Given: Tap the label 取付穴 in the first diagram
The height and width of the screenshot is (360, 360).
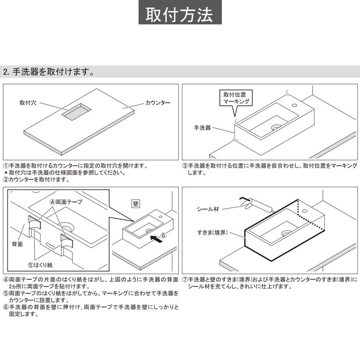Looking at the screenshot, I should click(x=28, y=103).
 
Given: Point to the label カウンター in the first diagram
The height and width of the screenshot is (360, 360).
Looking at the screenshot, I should click(x=158, y=103).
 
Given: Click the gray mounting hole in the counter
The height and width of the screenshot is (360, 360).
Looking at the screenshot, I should click(x=76, y=111).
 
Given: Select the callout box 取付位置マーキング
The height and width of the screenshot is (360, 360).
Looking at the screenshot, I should click(x=235, y=98).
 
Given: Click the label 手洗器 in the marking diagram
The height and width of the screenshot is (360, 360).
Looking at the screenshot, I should click(x=202, y=128).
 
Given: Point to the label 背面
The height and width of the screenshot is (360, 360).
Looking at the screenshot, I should click(x=17, y=244).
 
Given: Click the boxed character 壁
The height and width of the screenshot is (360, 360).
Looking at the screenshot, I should click(x=136, y=204).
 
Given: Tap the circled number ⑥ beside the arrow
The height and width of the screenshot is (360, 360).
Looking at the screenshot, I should click(x=163, y=235).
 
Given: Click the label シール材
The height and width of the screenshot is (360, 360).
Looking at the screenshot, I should click(x=208, y=209).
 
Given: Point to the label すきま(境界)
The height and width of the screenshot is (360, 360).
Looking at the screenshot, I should click(x=213, y=233).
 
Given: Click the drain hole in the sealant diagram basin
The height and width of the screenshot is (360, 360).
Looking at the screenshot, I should click(x=286, y=233).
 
